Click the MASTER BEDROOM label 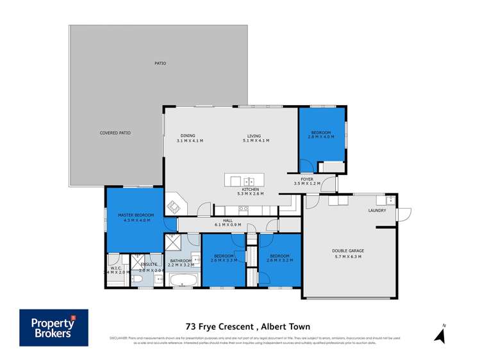click(135, 215)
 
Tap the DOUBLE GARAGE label click(347, 250)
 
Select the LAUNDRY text click(377, 210)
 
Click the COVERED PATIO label click(115, 133)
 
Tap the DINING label click(188, 135)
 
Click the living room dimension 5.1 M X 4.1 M click(256, 140)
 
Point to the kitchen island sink click(250, 181)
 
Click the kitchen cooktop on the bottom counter click(244, 208)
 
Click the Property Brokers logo click(53, 327)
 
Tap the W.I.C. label click(115, 267)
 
